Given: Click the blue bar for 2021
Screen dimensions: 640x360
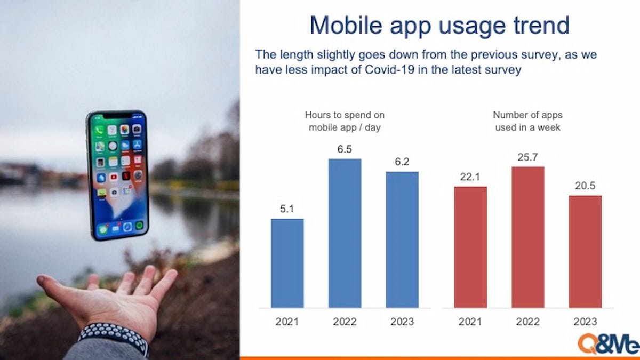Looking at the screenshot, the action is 287,263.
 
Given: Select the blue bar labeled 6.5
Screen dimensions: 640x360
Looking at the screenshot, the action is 345,233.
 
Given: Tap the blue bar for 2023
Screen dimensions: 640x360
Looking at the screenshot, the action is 402,239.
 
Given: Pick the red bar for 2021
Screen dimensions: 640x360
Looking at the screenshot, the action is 470,247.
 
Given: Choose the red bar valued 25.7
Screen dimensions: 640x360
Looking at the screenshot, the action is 528,237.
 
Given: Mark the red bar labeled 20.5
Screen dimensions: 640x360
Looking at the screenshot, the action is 585,252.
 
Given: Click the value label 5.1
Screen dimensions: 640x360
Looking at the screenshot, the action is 287,209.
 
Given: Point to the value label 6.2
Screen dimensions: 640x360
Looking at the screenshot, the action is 402,162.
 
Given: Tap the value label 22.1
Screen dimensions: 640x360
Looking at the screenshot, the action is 470,177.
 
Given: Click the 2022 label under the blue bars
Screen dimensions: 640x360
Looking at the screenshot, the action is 345,322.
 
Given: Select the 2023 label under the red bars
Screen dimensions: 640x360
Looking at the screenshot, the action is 586,322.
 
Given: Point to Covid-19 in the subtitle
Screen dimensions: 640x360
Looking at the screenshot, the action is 390,69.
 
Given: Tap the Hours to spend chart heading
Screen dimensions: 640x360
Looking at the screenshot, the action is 345,121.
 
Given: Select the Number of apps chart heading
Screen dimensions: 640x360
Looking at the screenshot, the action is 527,121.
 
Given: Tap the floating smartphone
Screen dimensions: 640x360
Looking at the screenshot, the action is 117,175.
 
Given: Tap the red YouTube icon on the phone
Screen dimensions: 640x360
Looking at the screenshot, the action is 114,177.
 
